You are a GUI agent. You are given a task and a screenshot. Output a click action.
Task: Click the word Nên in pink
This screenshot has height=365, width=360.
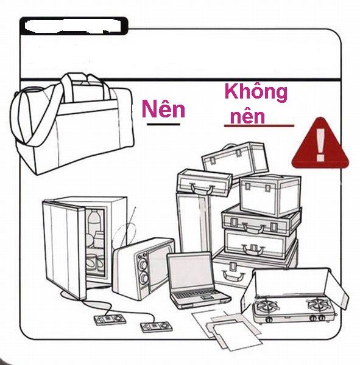[163, 109]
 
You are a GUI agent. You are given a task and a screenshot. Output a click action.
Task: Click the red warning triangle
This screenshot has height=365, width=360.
[320, 143]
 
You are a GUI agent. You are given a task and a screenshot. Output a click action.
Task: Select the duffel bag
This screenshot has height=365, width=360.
[72, 123]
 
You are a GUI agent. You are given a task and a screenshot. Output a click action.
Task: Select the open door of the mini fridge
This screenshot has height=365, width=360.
[63, 249]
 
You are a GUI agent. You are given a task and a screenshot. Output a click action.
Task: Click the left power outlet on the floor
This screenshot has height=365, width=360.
[110, 319]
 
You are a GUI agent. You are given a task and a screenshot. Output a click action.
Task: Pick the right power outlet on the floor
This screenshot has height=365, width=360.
[156, 326]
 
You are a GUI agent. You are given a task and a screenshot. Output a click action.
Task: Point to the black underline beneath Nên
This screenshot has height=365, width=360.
[163, 124]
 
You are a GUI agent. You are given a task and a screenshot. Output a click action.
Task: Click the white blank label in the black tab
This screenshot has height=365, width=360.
[72, 26]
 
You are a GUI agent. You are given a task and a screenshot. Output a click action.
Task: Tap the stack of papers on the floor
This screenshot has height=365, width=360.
[227, 330]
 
